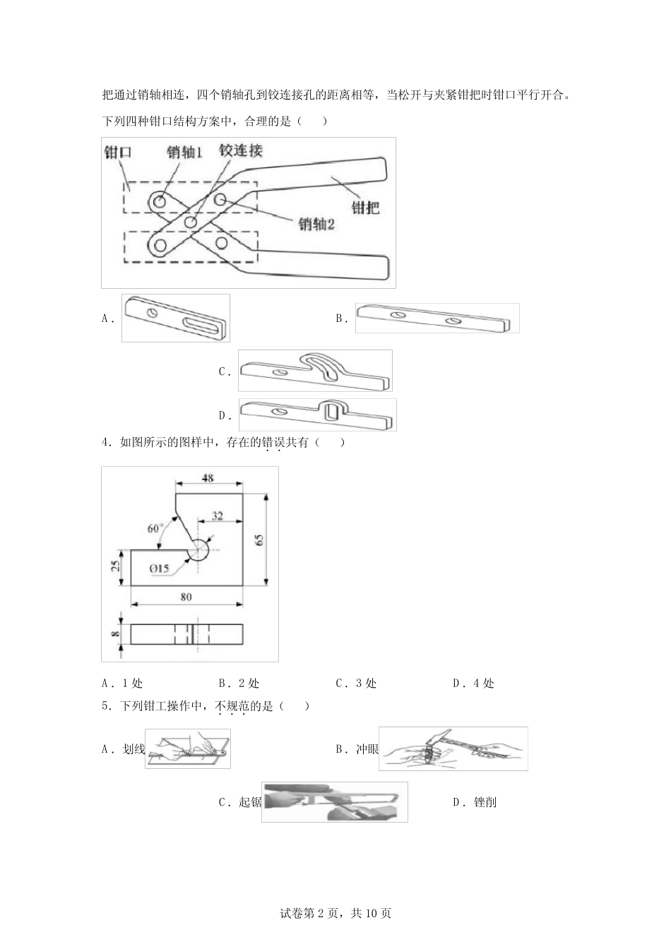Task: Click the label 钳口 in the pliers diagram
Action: coord(118,152)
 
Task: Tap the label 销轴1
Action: coord(185,152)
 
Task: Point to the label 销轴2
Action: coord(316,224)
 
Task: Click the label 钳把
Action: coord(365,208)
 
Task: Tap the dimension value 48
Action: coord(208,478)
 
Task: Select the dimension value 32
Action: coord(218,516)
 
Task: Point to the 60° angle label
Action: coord(155,527)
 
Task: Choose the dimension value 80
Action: coord(186,597)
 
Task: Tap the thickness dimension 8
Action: coord(116,634)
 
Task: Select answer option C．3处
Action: coord(356,684)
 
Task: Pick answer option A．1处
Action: coord(122,684)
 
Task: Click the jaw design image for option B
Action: coord(437,318)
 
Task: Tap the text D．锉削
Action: coord(475,802)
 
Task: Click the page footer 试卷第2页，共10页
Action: coord(335,914)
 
